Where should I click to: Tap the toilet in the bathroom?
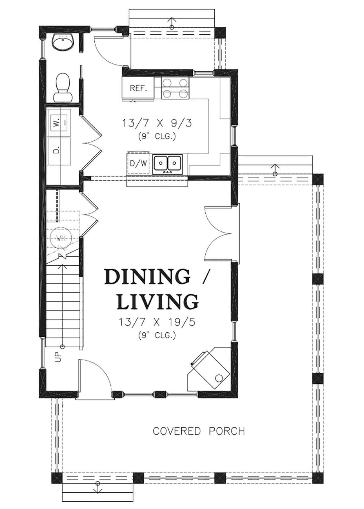(x=62, y=87)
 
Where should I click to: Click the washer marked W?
(x=59, y=123)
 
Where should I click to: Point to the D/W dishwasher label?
(x=138, y=163)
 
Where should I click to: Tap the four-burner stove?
(x=175, y=88)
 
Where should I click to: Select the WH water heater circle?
(x=61, y=238)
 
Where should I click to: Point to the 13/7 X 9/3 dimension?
(x=157, y=124)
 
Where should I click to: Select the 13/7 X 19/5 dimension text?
(x=157, y=322)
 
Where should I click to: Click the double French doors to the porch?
(x=218, y=233)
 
